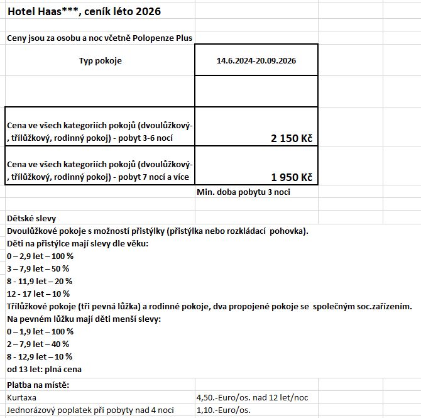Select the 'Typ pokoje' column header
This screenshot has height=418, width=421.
[x=101, y=61]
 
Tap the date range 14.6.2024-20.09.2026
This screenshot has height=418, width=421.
[x=256, y=61]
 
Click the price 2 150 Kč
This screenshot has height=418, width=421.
[x=292, y=138]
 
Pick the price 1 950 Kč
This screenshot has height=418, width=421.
[x=292, y=177]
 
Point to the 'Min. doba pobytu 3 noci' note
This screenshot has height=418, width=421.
[x=244, y=192]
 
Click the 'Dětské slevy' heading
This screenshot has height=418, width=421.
[x=31, y=218]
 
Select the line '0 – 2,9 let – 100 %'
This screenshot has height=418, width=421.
[x=40, y=256]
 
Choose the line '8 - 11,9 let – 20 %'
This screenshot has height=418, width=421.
[x=39, y=281]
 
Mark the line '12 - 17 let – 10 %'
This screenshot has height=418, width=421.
[x=38, y=294]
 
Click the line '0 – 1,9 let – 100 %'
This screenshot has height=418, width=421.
[x=40, y=331]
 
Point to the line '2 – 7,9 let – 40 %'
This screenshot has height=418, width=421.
[x=38, y=344]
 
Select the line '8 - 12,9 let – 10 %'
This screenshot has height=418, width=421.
[x=39, y=356]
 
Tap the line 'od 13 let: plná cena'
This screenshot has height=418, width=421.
[x=44, y=369]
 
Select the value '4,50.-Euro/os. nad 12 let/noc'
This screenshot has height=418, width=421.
[x=252, y=398]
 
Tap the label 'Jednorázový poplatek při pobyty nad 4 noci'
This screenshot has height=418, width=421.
[x=90, y=410]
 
